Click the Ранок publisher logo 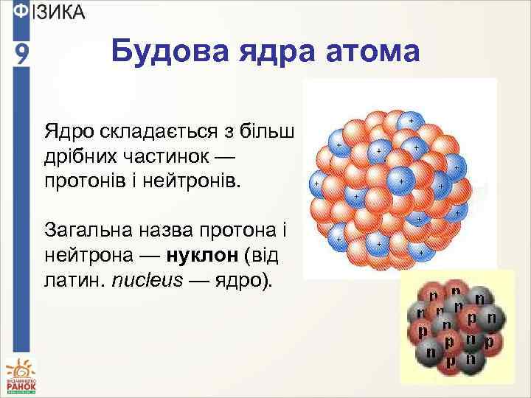20,375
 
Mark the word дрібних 81,156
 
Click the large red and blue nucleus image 389,181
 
